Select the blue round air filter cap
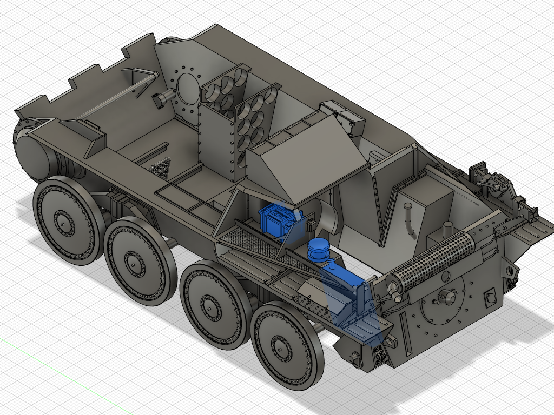coord(318,248)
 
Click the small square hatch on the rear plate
coord(491,298)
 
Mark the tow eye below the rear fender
coord(354,358)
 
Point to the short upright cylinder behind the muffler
coord(448,229)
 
